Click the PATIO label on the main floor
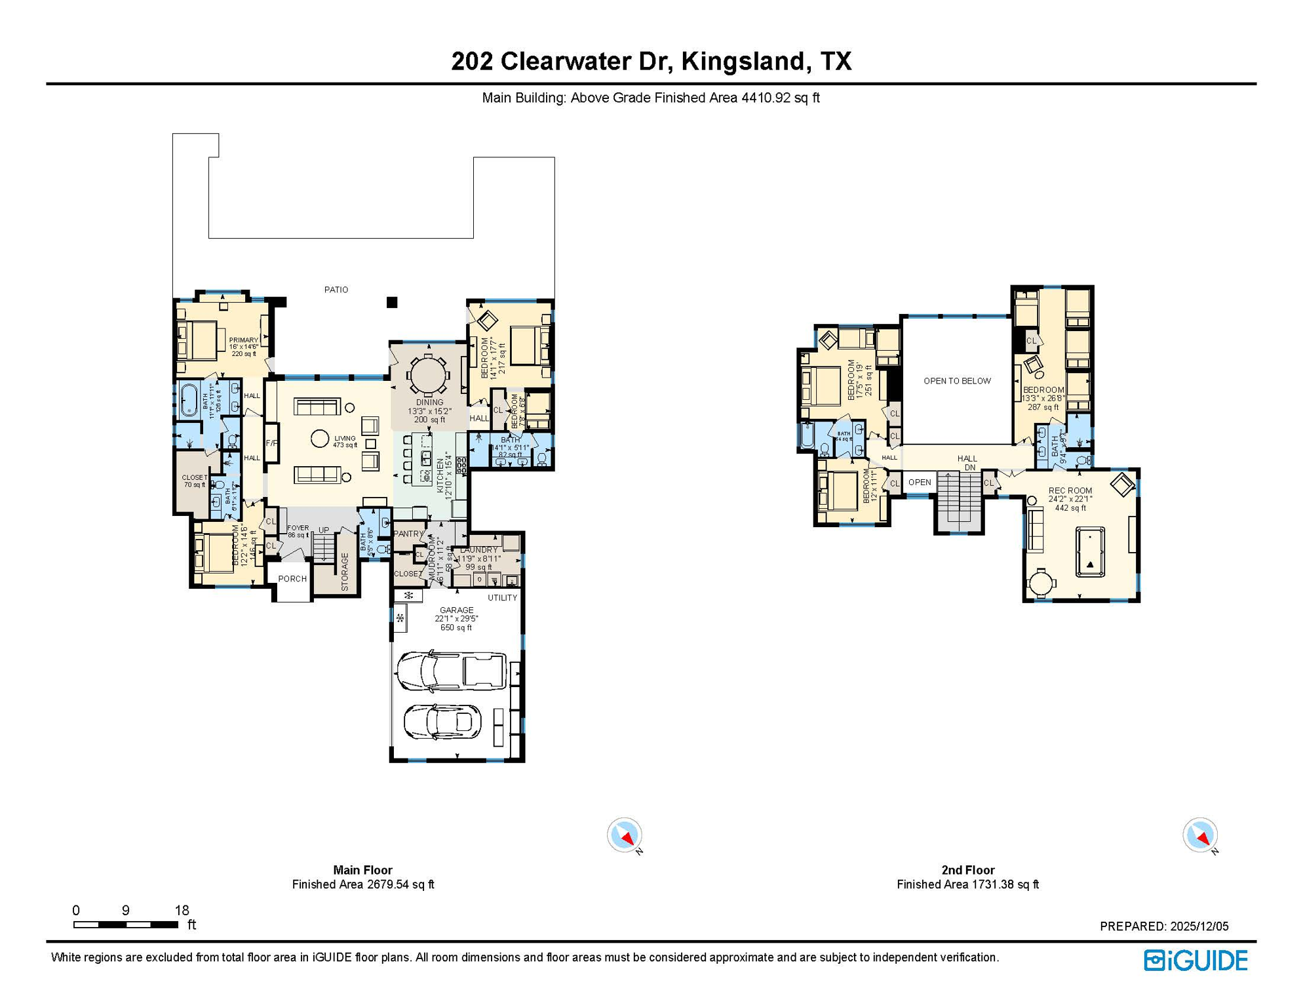[x=336, y=289]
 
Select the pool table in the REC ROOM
[x=1090, y=552]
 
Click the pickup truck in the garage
[x=452, y=671]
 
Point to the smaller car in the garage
[x=442, y=722]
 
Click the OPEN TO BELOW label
[x=957, y=381]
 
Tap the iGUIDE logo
[x=1196, y=960]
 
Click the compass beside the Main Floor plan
[x=624, y=835]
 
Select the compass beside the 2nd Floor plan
[x=1199, y=835]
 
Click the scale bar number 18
[x=182, y=910]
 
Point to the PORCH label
[x=292, y=579]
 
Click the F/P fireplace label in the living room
[x=271, y=443]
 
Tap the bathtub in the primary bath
[x=189, y=399]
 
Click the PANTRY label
[x=409, y=534]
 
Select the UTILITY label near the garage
[x=503, y=598]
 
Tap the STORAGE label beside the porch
[x=345, y=572]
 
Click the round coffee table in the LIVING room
[x=320, y=439]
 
